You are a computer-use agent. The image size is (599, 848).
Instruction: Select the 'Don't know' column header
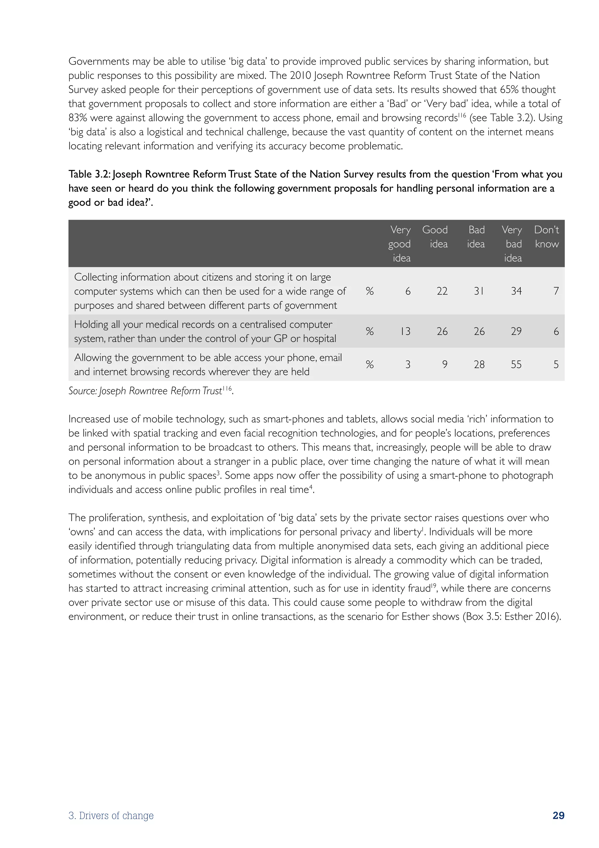coord(547,237)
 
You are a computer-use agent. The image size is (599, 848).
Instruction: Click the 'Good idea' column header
coord(435,237)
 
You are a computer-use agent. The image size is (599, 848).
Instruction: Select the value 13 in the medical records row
coord(405,331)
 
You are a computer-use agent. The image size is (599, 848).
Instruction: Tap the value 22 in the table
coord(442,291)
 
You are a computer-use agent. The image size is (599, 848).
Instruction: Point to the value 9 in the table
coord(445,365)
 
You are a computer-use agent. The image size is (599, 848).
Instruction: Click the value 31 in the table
coord(479,291)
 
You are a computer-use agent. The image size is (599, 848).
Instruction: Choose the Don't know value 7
coord(556,291)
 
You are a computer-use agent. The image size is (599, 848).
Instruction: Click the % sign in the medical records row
coord(370,331)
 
